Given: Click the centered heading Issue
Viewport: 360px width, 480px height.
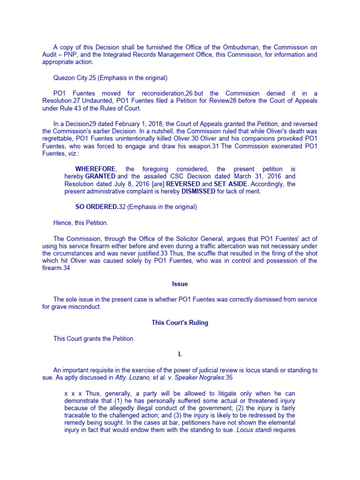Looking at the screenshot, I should (x=180, y=284).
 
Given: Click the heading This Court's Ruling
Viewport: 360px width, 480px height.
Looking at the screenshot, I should (x=180, y=322).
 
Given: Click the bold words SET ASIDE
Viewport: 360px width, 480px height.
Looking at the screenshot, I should (x=230, y=184).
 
